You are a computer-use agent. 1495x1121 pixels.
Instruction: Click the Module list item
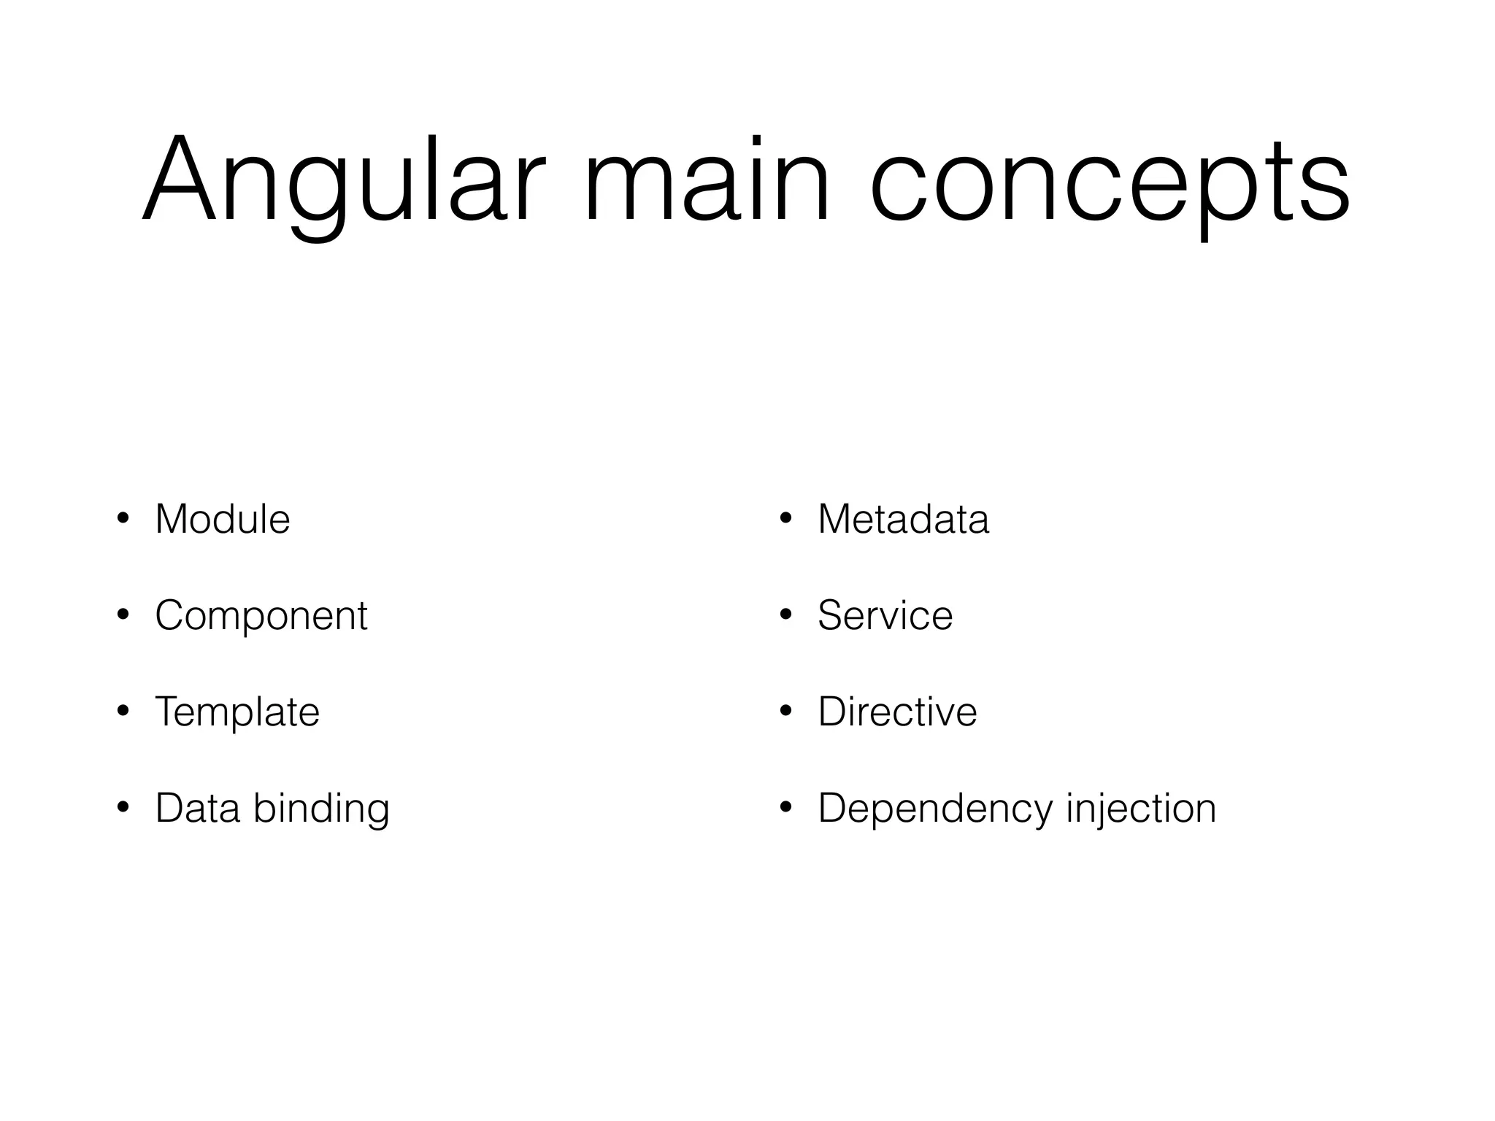[223, 520]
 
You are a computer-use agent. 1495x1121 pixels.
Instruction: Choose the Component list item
[261, 616]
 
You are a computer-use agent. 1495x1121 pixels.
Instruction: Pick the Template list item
[237, 712]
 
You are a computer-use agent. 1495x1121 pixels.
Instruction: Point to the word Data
[198, 808]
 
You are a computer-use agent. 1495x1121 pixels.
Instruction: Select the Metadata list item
[903, 520]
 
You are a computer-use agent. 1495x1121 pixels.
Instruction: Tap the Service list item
[885, 616]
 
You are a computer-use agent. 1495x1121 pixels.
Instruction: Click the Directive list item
[897, 712]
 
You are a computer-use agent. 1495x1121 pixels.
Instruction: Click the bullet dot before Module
[123, 519]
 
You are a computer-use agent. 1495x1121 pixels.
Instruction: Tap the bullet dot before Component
[123, 615]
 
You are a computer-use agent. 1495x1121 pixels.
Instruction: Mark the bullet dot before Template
[123, 711]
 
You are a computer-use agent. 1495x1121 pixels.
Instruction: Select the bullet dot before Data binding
[123, 807]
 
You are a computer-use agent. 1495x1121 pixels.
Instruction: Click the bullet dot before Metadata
[785, 519]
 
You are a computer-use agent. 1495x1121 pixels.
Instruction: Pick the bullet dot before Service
[785, 615]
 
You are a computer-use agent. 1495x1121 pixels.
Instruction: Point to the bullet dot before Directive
[785, 711]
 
